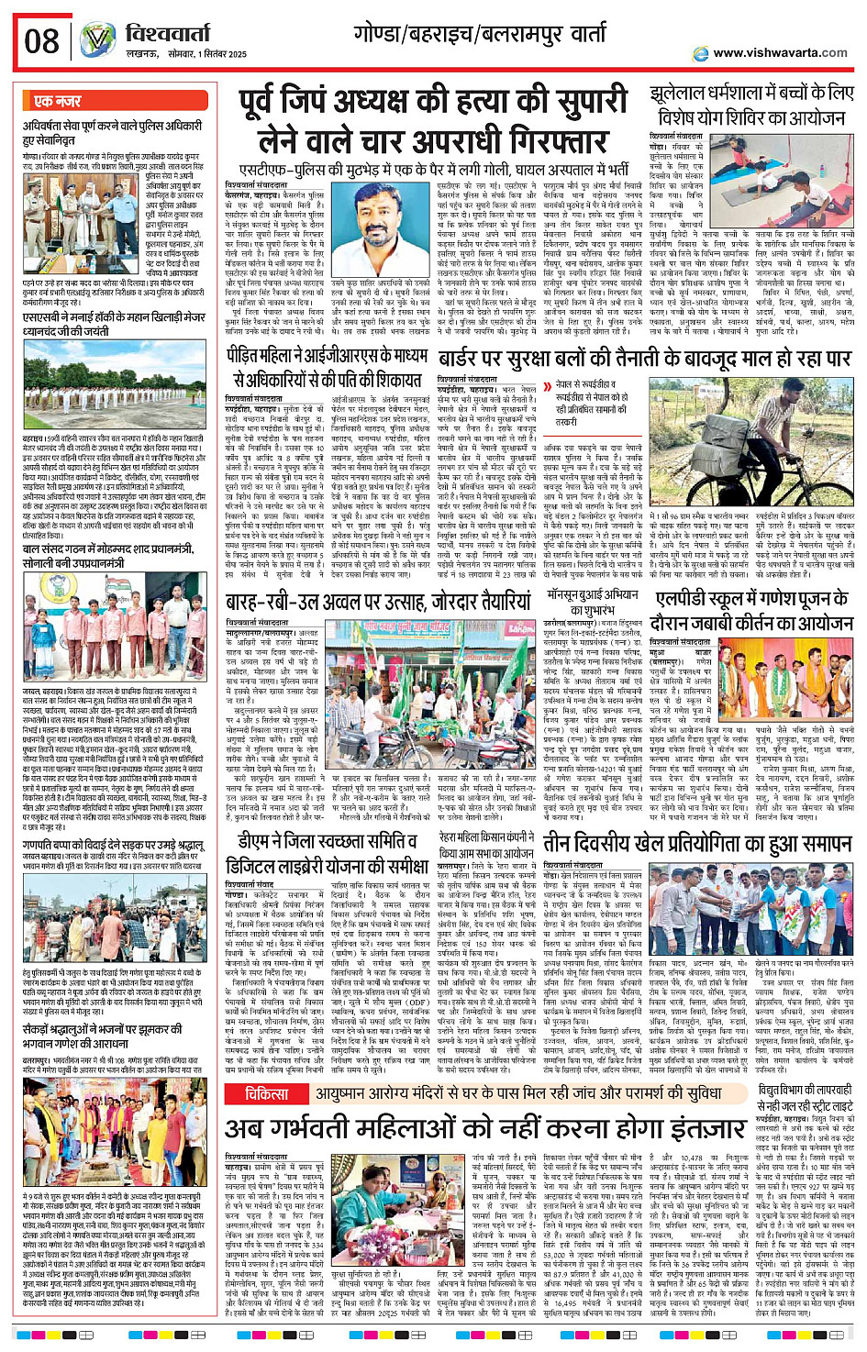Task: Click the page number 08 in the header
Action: tap(42, 41)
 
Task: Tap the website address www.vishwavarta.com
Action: tap(780, 53)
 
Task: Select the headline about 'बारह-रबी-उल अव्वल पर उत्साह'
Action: tap(378, 602)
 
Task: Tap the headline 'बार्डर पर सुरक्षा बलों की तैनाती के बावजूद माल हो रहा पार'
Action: tap(644, 359)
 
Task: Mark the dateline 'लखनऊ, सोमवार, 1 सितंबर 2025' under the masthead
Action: tap(186, 55)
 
